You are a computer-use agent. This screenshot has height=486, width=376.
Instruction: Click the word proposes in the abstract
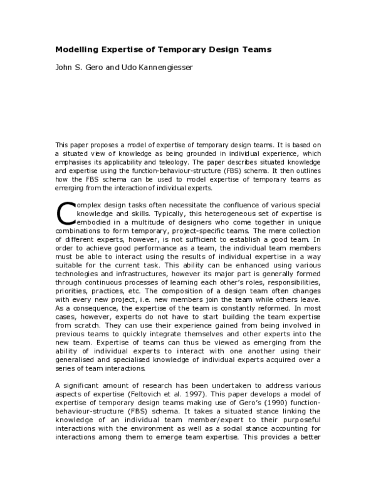pos(102,145)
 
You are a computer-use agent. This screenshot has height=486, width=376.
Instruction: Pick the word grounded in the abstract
pos(180,153)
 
